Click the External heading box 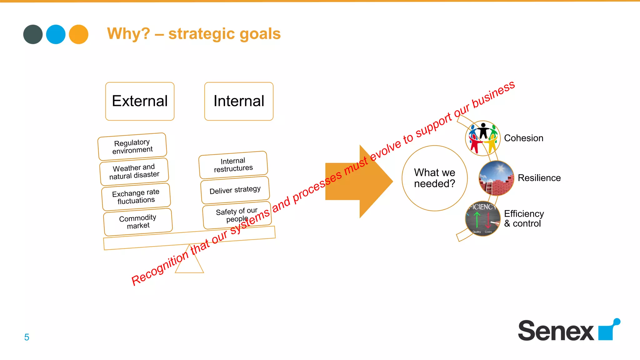tap(140, 101)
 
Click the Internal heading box tap(239, 101)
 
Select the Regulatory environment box tap(132, 147)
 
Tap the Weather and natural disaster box tap(134, 172)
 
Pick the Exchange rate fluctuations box tap(136, 197)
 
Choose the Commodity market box tap(138, 222)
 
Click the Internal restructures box tap(233, 165)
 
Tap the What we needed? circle tap(434, 178)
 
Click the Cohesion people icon tap(483, 138)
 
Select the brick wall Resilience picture tap(496, 178)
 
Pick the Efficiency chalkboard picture tap(483, 219)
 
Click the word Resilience tap(539, 178)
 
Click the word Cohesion tap(523, 138)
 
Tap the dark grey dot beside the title tap(33, 34)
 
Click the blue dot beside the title tap(56, 34)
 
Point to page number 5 tap(27, 337)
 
